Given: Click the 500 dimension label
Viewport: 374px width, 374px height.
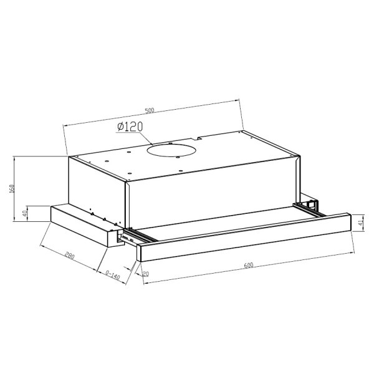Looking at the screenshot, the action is coord(150,110).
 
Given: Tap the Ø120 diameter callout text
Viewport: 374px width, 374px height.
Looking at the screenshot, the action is coord(130,127).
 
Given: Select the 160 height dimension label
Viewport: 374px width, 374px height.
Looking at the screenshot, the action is coord(12,188).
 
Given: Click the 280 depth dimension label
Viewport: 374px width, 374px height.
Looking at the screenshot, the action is coord(70,256).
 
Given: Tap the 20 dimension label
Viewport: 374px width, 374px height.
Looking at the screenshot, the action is coord(145,274).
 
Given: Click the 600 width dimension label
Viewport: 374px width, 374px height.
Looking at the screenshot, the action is coord(249,265).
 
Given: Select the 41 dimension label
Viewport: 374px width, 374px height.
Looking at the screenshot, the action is coord(360,223).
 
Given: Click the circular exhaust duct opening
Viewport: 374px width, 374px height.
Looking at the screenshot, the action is coord(172,151).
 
